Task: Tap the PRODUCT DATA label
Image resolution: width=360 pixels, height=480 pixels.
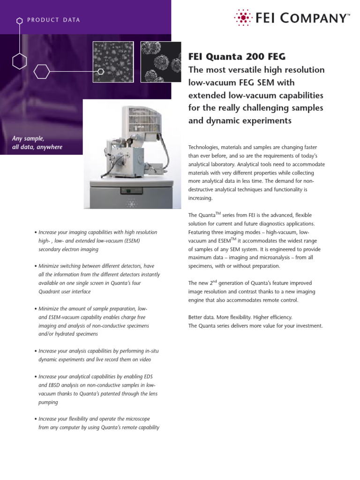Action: (x=53, y=20)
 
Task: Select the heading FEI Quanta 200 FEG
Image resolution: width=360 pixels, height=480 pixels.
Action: (x=236, y=57)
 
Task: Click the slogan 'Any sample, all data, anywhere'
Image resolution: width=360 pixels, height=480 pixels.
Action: (x=37, y=143)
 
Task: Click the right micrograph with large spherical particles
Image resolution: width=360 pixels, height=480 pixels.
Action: (x=161, y=62)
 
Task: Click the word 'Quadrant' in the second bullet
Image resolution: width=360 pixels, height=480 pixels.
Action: (x=50, y=292)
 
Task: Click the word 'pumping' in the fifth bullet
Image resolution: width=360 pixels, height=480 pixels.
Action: (x=47, y=402)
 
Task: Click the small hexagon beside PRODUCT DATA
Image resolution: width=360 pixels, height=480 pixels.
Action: (x=19, y=21)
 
